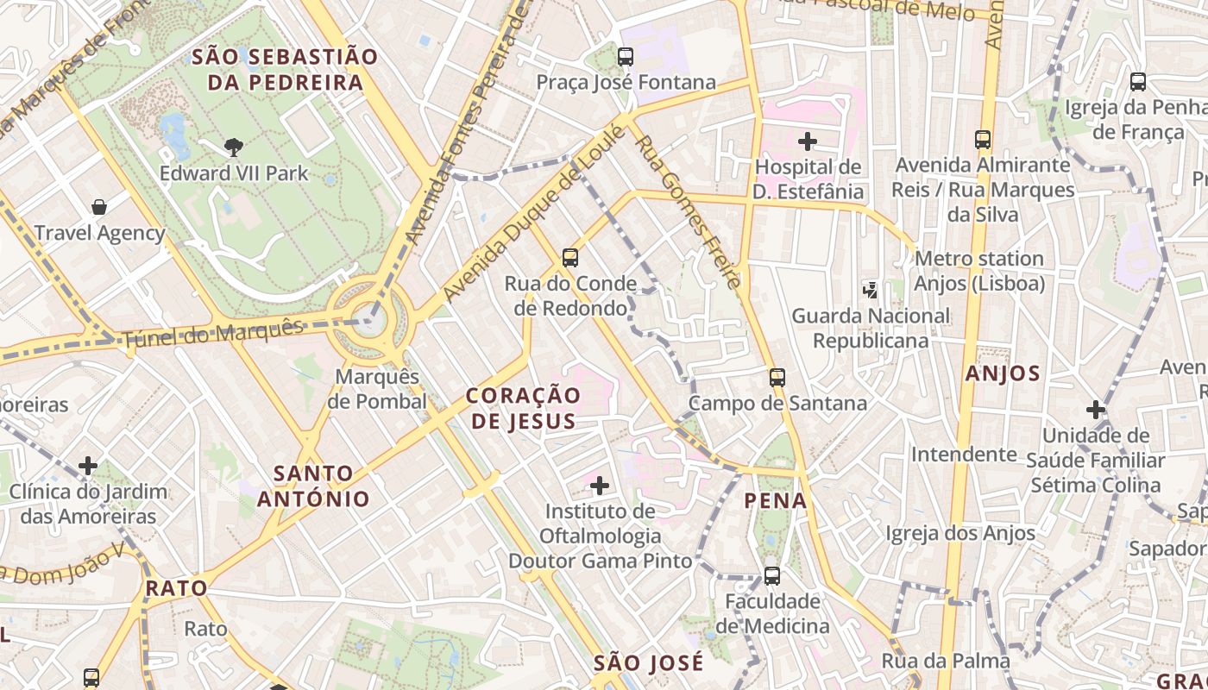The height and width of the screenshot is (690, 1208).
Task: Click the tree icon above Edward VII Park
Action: click(233, 147)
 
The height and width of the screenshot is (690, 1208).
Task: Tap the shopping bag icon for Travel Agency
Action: click(99, 207)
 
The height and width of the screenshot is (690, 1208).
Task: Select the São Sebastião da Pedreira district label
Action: click(285, 70)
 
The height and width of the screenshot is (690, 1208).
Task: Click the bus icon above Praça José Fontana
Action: click(626, 57)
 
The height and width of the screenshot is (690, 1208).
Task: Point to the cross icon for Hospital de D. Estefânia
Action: click(808, 141)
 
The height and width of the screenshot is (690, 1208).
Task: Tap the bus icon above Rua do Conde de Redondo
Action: click(570, 257)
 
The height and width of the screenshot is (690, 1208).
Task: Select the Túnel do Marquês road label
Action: click(213, 333)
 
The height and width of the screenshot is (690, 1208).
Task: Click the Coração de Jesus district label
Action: click(524, 408)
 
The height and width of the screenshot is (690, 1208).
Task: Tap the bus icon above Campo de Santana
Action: click(777, 377)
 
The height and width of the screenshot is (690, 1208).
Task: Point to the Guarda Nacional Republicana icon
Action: click(871, 290)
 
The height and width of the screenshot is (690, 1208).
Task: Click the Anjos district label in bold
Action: click(1003, 373)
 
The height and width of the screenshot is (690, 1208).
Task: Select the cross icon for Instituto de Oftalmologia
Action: click(600, 486)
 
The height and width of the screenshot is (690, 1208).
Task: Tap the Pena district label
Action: click(776, 500)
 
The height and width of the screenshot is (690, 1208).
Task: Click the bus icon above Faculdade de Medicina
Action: click(772, 575)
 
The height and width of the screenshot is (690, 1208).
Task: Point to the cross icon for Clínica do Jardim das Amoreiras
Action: click(88, 466)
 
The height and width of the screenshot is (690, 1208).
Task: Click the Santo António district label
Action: click(313, 486)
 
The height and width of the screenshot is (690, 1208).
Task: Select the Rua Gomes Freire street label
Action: click(688, 212)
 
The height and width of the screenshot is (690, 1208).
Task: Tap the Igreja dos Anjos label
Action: click(960, 534)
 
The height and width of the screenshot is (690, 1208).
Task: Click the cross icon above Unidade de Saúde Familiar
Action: click(1096, 410)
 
